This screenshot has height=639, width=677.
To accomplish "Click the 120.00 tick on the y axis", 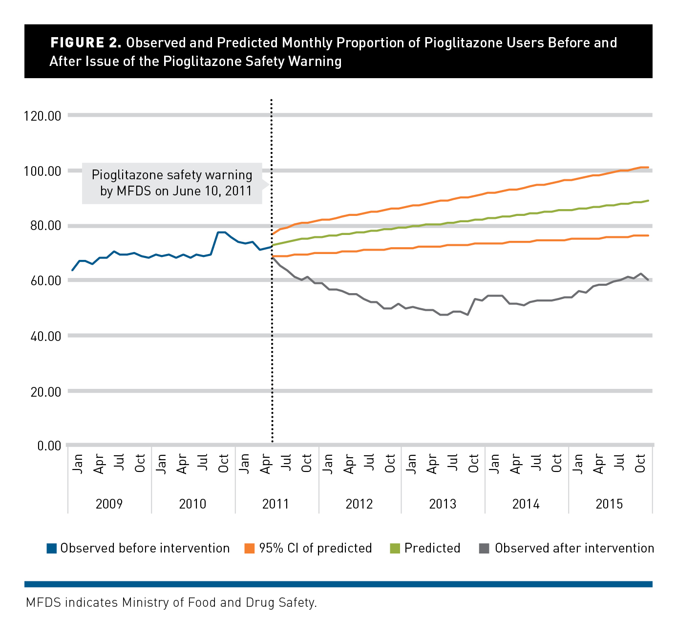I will point(43,116).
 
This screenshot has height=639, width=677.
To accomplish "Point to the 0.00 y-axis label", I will point(49,446).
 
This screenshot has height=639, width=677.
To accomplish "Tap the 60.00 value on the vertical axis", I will point(43,281).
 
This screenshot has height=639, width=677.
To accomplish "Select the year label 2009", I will point(109,504).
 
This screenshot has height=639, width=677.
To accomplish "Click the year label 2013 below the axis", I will point(443,504).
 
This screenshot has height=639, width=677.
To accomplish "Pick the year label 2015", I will point(609,504).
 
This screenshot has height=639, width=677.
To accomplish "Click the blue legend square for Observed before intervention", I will point(52,549).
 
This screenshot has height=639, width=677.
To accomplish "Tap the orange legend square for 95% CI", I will point(250,549).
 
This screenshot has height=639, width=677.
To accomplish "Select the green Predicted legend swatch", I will point(395,549).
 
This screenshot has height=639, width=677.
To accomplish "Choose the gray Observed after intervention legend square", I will point(485,549).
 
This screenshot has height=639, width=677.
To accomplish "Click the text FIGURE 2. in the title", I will point(85,43).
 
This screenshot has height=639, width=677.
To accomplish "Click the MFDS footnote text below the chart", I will point(171,603).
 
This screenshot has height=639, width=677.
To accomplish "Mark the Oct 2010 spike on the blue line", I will point(221,232).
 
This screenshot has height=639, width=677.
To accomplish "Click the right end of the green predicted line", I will point(648,200).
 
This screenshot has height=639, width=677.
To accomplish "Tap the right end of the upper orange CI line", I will point(648,167).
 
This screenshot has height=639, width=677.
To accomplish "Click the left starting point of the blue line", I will point(72,270).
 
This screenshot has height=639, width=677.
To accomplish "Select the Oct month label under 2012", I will point(390,463).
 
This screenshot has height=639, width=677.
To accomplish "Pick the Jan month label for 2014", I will point(494,463).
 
